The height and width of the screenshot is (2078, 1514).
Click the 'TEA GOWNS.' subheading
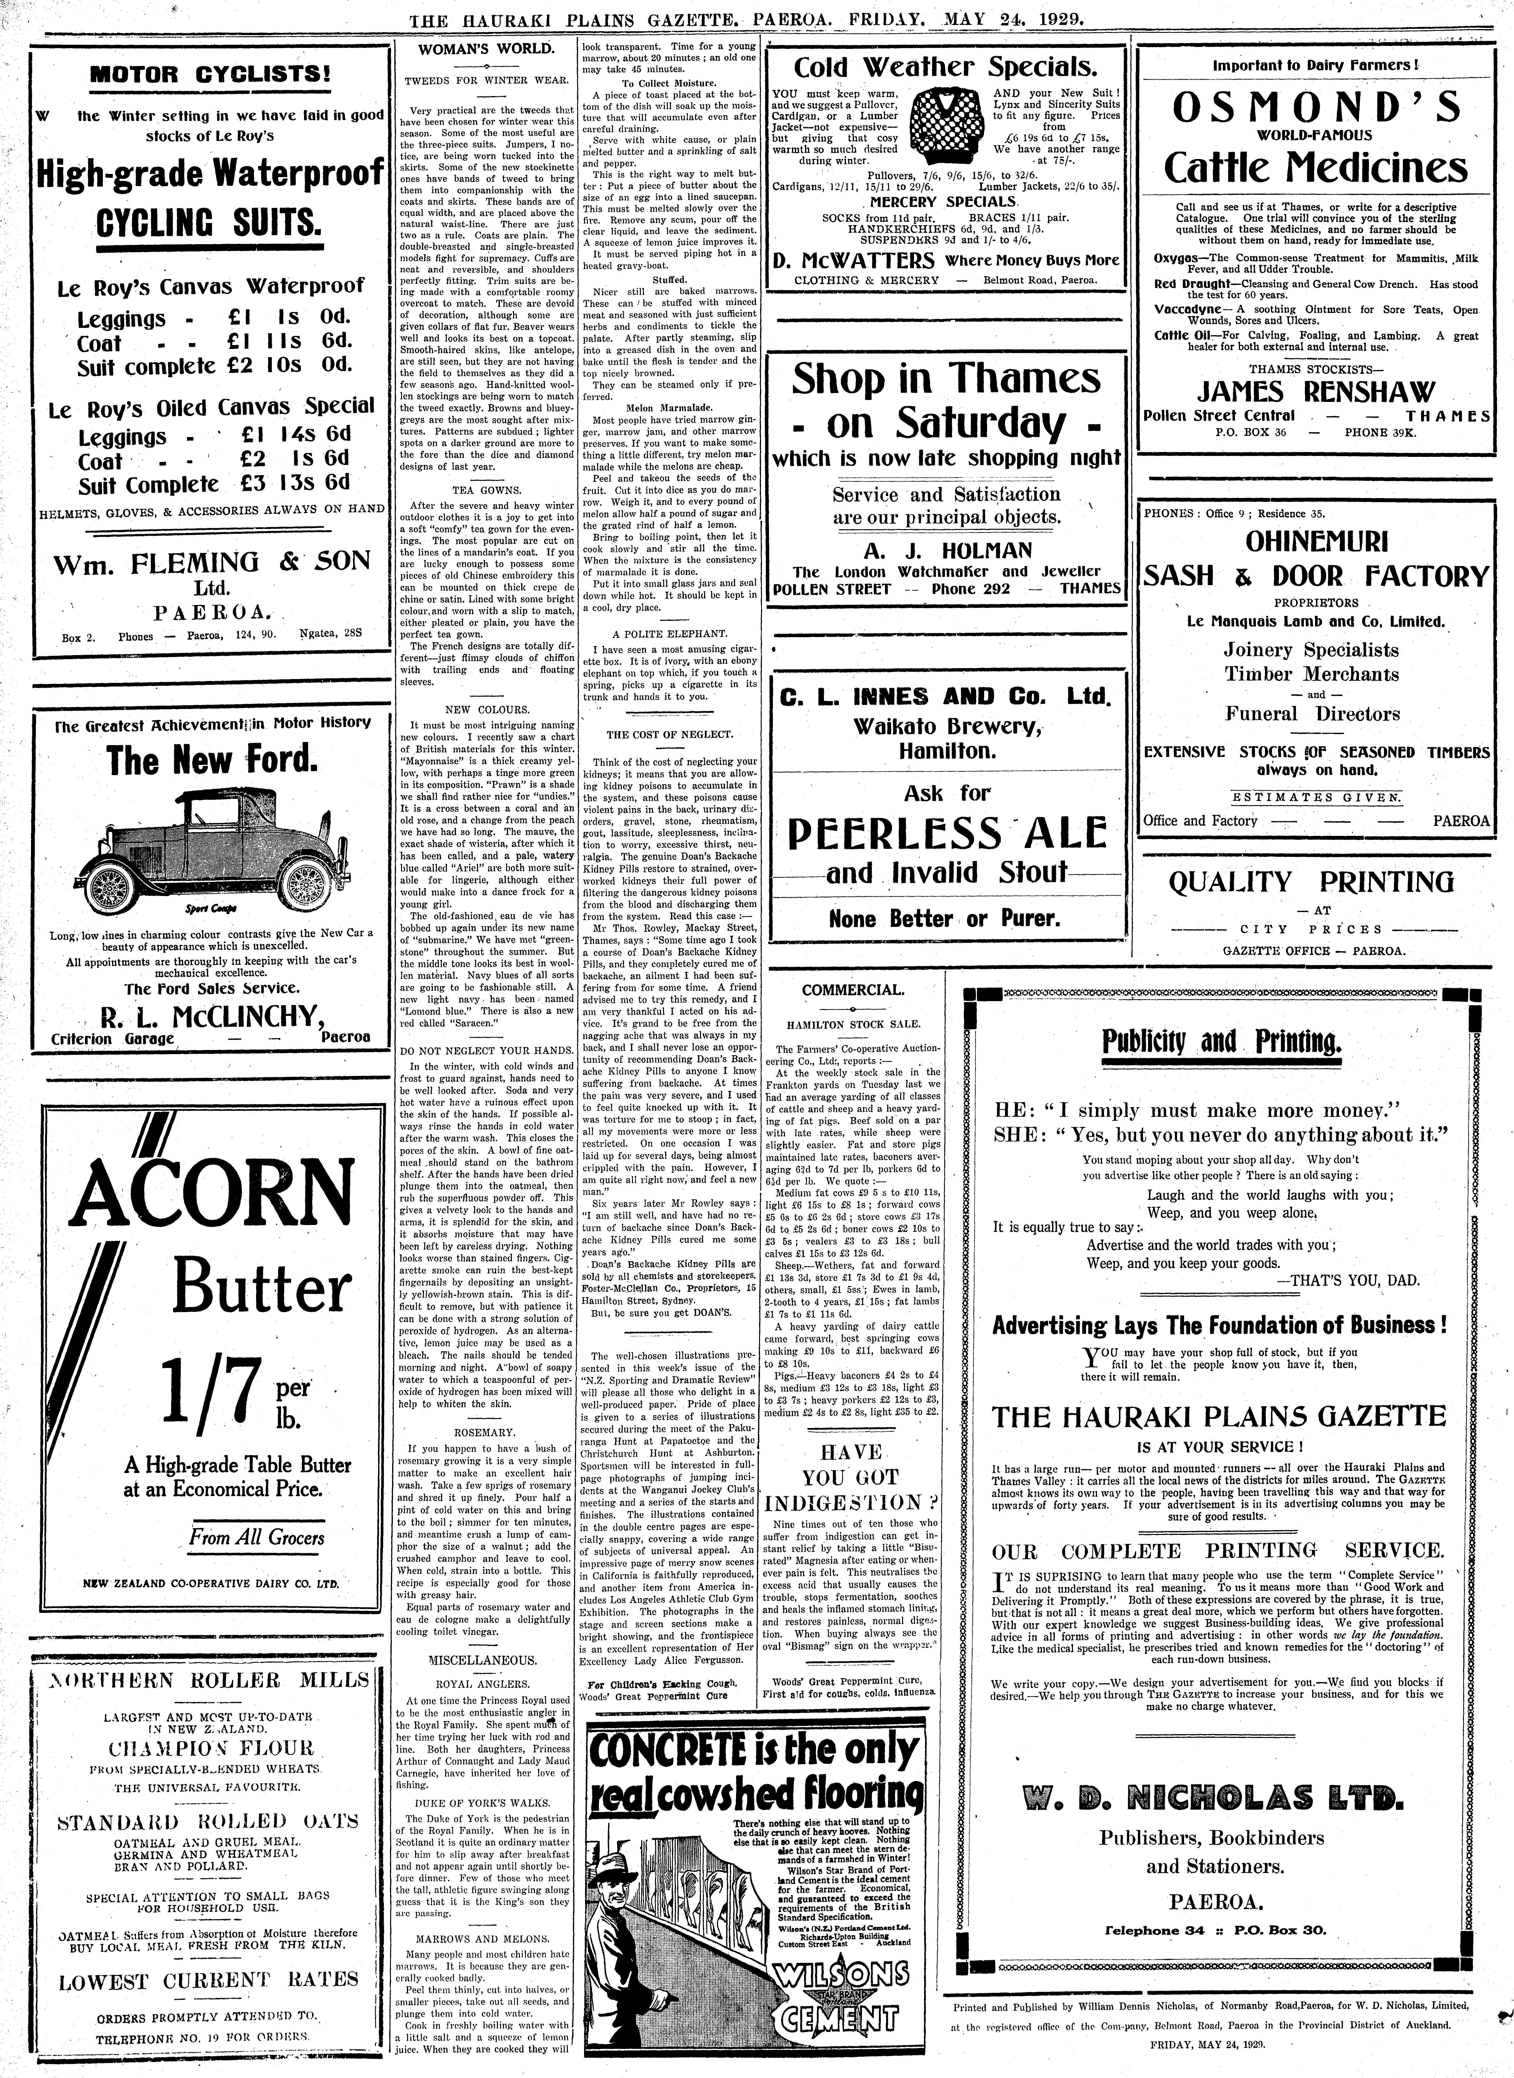point(486,490)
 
